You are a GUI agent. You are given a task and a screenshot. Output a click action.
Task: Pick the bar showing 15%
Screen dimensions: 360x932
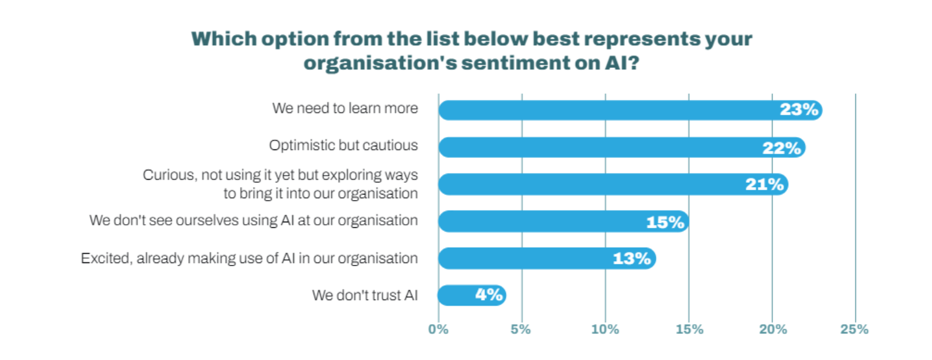point(543,221)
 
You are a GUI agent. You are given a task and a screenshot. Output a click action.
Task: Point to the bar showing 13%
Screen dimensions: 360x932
point(525,258)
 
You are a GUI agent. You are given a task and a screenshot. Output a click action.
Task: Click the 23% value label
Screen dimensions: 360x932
point(799,110)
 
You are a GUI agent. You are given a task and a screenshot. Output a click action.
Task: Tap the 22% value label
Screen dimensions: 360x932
point(782,148)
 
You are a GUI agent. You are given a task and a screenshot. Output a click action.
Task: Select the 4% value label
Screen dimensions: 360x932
point(488,295)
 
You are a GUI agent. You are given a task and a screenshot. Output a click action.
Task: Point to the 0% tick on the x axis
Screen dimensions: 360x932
point(438,329)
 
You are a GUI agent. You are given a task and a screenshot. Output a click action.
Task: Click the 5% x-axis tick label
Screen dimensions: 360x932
point(522,329)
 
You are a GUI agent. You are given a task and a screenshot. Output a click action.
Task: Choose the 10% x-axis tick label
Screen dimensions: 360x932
point(605,329)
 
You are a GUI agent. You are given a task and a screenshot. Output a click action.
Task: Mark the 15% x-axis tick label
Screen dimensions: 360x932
point(689,329)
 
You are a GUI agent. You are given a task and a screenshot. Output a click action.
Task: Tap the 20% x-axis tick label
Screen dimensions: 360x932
point(773,329)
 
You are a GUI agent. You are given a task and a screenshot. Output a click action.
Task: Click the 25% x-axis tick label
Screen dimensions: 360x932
point(855,329)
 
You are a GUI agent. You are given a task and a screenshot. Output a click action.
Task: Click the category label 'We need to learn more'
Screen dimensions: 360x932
point(345,108)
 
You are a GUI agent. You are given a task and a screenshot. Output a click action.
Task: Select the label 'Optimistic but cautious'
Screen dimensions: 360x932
point(343,146)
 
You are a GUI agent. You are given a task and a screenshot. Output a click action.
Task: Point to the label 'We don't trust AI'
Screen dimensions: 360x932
point(365,295)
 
